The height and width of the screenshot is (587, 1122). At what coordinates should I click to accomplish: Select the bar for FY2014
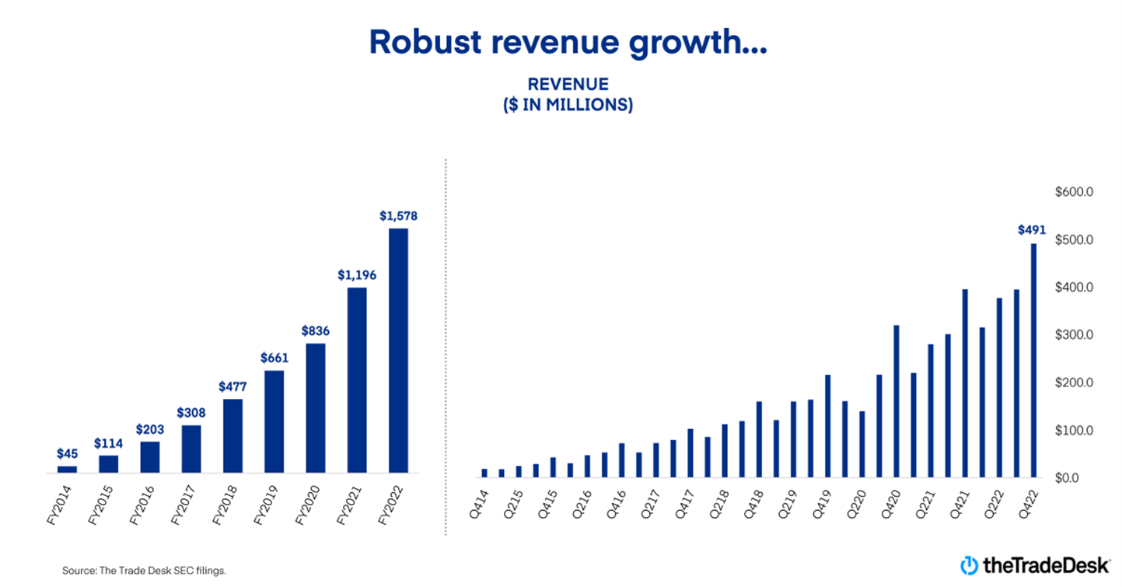[68, 469]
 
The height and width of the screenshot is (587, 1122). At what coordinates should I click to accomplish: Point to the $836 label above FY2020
[316, 330]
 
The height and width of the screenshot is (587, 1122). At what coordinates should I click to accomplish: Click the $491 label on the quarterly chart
[1032, 230]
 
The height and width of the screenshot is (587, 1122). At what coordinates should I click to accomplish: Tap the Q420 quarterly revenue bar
[897, 401]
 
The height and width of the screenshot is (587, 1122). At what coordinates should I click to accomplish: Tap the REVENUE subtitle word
[568, 84]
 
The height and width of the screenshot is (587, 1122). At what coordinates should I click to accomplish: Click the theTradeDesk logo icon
[970, 566]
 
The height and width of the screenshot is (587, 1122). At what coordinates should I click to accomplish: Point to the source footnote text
[144, 571]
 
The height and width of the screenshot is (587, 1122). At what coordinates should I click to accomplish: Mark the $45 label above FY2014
[68, 453]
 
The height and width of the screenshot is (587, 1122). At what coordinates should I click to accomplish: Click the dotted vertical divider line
[446, 350]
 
